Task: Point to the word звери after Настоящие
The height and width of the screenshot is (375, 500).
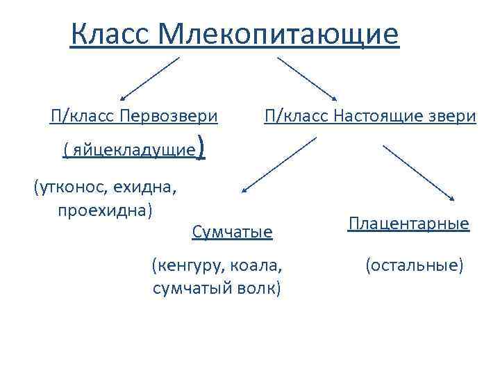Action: click(452, 115)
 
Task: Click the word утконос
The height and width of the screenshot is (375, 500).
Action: click(76, 187)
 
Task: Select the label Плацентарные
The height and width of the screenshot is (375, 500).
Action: click(409, 224)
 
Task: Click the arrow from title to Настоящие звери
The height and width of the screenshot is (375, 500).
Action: click(308, 78)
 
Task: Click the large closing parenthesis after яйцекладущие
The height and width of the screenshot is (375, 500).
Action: click(201, 148)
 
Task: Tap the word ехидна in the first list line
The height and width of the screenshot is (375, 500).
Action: click(150, 187)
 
